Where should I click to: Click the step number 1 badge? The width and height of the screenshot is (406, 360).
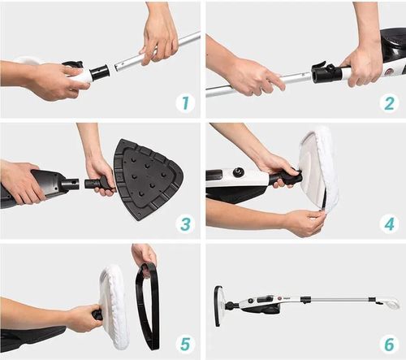click(185, 103)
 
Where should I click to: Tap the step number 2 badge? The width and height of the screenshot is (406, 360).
click(389, 103)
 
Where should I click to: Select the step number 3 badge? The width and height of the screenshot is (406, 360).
click(185, 224)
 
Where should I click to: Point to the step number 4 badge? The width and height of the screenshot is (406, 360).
click(389, 224)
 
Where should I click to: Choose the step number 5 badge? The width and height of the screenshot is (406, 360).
click(185, 344)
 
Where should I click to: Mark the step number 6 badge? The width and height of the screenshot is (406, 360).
click(389, 344)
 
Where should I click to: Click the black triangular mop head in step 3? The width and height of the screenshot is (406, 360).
click(148, 179)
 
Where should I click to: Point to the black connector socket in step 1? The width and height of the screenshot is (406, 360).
click(100, 72)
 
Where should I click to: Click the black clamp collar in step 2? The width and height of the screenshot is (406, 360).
click(326, 72)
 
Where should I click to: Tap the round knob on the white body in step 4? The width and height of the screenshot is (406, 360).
click(239, 171)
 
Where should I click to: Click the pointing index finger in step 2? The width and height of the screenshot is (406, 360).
click(276, 81)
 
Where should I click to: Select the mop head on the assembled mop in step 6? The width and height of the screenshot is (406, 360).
click(220, 306)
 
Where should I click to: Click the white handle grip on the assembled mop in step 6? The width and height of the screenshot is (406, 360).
click(387, 303)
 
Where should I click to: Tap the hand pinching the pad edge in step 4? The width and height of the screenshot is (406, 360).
click(307, 222)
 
